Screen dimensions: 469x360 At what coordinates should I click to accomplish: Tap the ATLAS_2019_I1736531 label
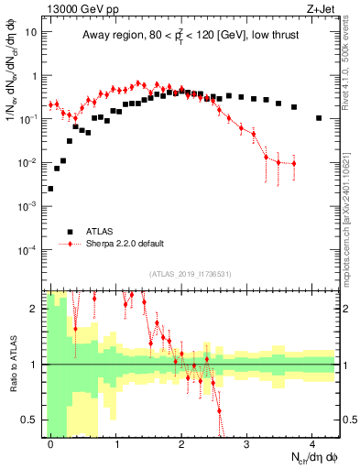click(190, 274)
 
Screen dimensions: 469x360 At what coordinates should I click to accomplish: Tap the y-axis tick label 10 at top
click(31, 32)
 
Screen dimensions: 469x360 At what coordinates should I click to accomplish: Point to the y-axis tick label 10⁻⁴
click(28, 249)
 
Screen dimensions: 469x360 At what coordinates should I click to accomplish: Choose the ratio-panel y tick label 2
click(34, 309)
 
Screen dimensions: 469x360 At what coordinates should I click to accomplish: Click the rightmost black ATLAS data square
click(318, 118)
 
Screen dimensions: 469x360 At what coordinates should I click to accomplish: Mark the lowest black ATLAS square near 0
click(50, 189)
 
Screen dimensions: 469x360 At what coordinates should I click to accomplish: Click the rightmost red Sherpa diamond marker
click(293, 164)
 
